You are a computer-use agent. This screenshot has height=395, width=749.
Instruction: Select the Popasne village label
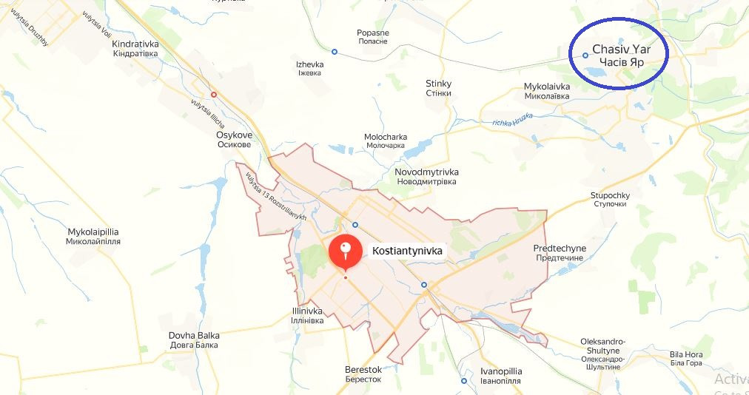[x=372, y=37]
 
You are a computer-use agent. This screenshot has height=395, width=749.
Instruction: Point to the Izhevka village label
[x=309, y=69]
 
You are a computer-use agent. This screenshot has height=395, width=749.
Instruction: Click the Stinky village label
[x=438, y=88]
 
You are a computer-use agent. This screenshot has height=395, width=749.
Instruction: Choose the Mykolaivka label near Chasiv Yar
[x=546, y=91]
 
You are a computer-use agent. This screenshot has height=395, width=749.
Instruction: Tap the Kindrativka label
[x=135, y=49]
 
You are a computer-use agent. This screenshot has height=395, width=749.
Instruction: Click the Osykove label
[x=233, y=140]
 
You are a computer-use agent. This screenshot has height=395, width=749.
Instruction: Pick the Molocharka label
[x=385, y=141]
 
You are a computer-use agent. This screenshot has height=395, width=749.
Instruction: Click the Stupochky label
[x=610, y=200]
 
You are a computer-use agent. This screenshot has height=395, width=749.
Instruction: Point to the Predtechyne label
[x=560, y=253]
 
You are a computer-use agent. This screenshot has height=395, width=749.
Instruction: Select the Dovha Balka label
[x=194, y=340]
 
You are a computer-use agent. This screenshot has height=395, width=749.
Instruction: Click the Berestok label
[x=363, y=374]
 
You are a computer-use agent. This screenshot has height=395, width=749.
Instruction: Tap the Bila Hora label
[x=685, y=359]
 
